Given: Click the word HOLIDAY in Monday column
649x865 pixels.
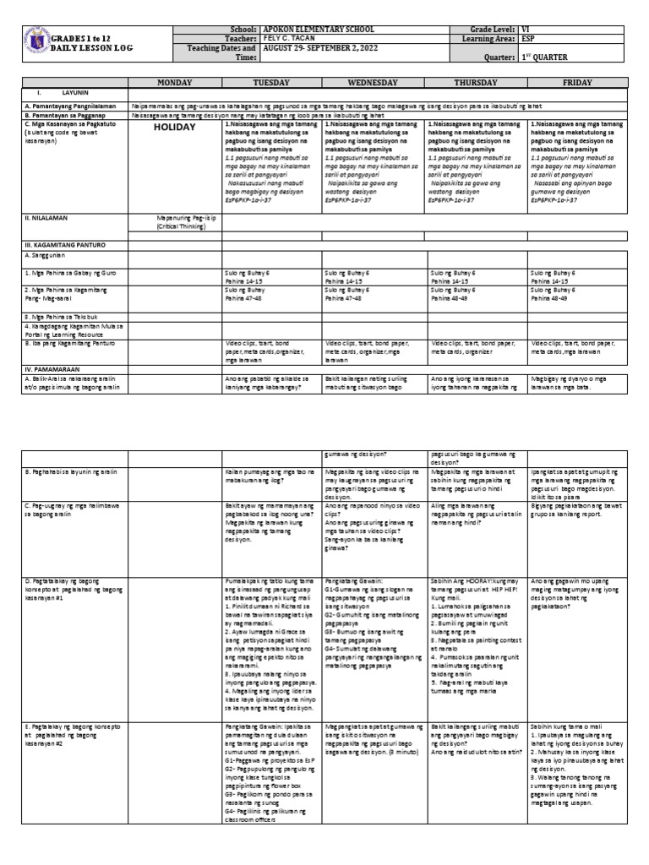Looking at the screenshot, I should (175, 127).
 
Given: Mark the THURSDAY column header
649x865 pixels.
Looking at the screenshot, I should (477, 84).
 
